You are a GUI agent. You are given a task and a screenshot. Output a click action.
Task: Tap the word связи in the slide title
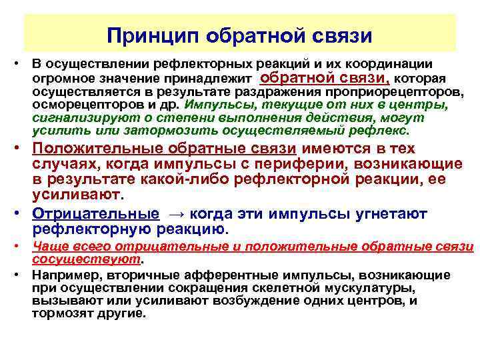coord(340,34)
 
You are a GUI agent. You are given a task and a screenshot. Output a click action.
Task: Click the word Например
coord(61,275)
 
